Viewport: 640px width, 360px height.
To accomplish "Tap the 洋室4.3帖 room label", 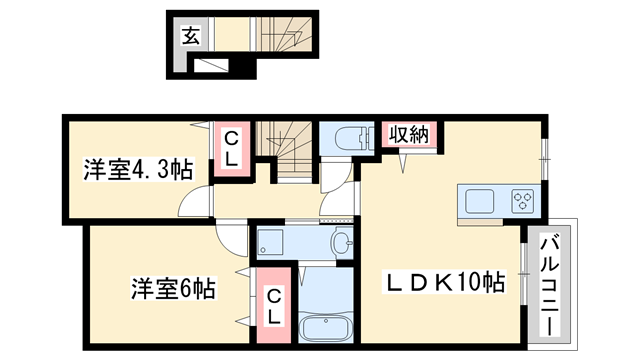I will pyautogui.click(x=138, y=170).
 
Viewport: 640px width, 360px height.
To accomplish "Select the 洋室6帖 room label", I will pyautogui.click(x=173, y=289).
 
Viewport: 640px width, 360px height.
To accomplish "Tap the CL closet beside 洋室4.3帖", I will pyautogui.click(x=230, y=148).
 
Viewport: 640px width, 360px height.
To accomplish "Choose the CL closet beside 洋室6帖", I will pyautogui.click(x=271, y=304).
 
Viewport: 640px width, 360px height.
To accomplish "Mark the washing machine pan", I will pyautogui.click(x=273, y=241).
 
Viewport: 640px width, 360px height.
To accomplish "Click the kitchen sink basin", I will pyautogui.click(x=482, y=199).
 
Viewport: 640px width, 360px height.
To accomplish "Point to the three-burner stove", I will pyautogui.click(x=522, y=199).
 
